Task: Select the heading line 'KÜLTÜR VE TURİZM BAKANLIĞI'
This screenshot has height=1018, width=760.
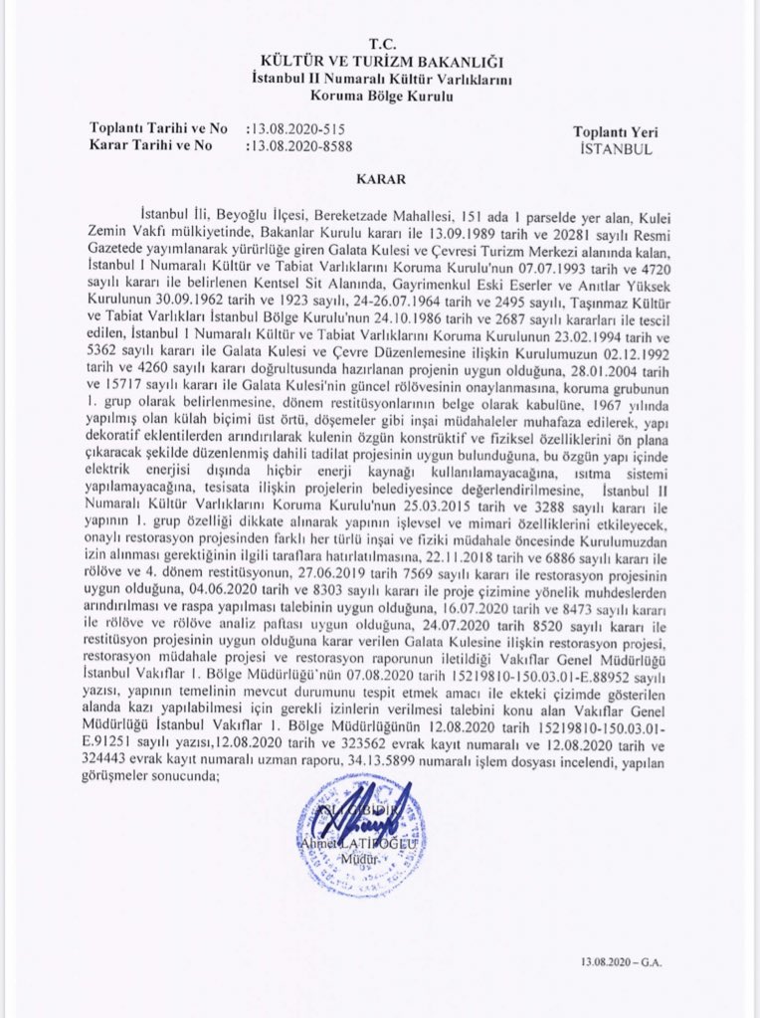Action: coord(381,63)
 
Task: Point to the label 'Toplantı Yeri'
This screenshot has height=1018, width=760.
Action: coord(616,132)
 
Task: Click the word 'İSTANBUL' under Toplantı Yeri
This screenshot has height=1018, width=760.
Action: coord(616,149)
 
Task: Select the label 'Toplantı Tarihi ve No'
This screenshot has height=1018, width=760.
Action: coord(160,129)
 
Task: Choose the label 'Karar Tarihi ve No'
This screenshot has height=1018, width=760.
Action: coord(151,145)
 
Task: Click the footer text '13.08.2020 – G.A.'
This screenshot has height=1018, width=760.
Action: coord(621,963)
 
